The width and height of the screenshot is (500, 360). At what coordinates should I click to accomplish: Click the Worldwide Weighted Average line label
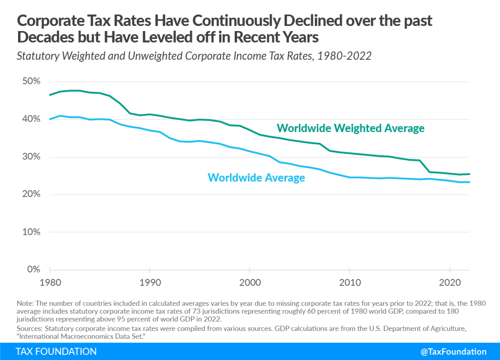click(x=350, y=128)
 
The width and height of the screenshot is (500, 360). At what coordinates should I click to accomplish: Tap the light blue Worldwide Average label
click(x=256, y=177)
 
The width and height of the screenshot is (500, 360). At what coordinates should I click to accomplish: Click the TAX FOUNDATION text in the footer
click(x=56, y=352)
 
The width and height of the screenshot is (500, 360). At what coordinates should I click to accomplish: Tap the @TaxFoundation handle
click(x=453, y=352)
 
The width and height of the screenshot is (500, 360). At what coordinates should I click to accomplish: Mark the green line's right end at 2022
click(x=470, y=174)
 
